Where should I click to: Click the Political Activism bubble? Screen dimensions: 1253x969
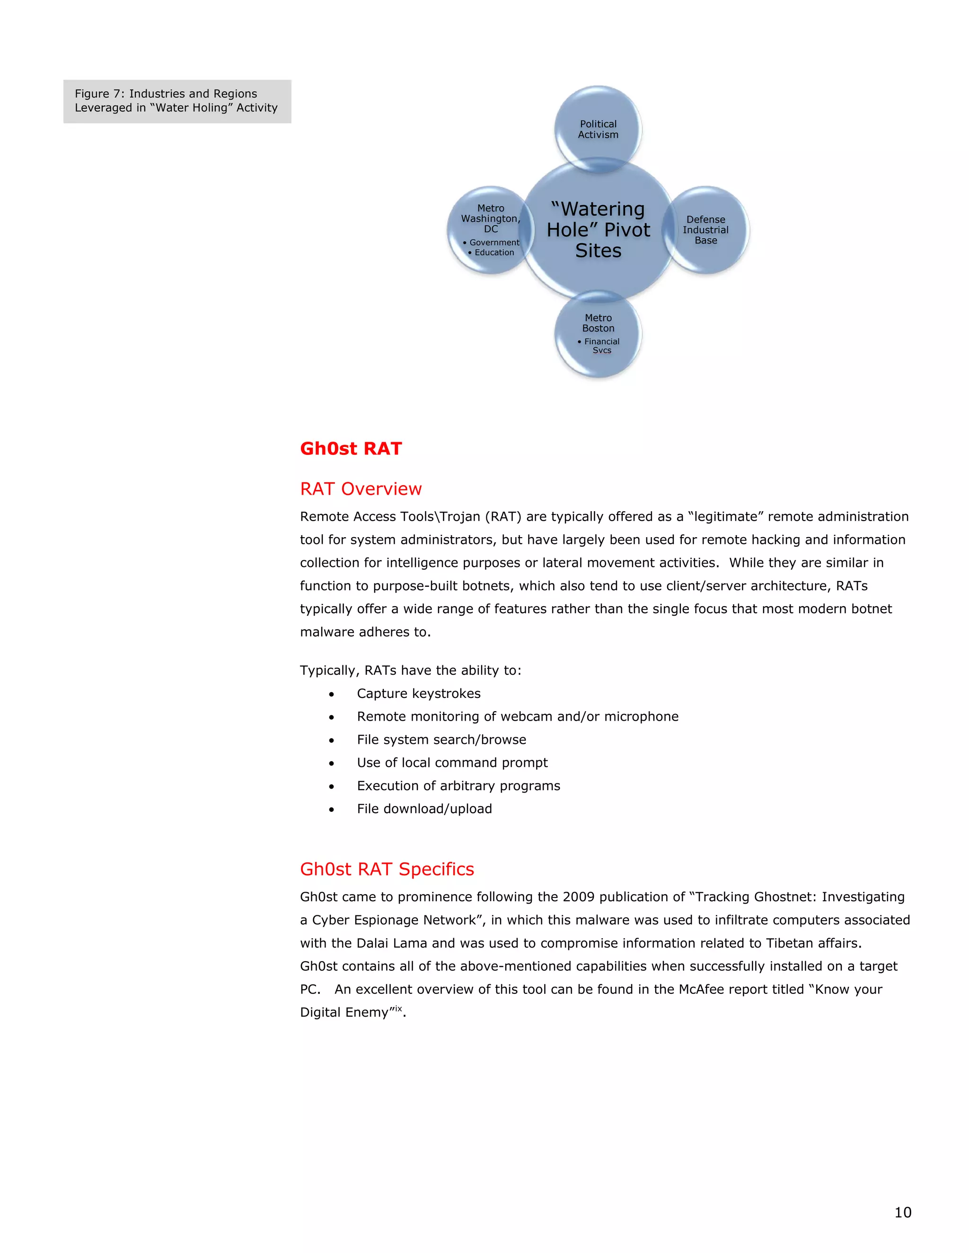598,129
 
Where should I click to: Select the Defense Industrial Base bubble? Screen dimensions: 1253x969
705,229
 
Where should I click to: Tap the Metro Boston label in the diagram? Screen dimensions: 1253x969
598,323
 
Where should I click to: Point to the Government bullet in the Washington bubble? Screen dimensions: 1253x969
493,243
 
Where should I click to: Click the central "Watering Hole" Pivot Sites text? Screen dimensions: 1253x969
598,229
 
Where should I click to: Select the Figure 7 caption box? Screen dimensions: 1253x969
177,101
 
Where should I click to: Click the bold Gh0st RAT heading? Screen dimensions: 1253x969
351,449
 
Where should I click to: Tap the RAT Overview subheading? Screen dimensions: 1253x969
361,489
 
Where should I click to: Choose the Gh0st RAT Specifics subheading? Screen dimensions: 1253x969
387,869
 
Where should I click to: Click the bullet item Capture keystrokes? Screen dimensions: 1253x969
418,694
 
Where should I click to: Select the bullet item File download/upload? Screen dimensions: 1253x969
424,809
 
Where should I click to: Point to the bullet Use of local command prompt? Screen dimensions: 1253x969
452,763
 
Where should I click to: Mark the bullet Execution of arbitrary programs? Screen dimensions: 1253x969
458,786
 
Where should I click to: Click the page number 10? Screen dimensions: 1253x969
902,1212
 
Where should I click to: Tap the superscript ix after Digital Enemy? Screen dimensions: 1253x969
398,1009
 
